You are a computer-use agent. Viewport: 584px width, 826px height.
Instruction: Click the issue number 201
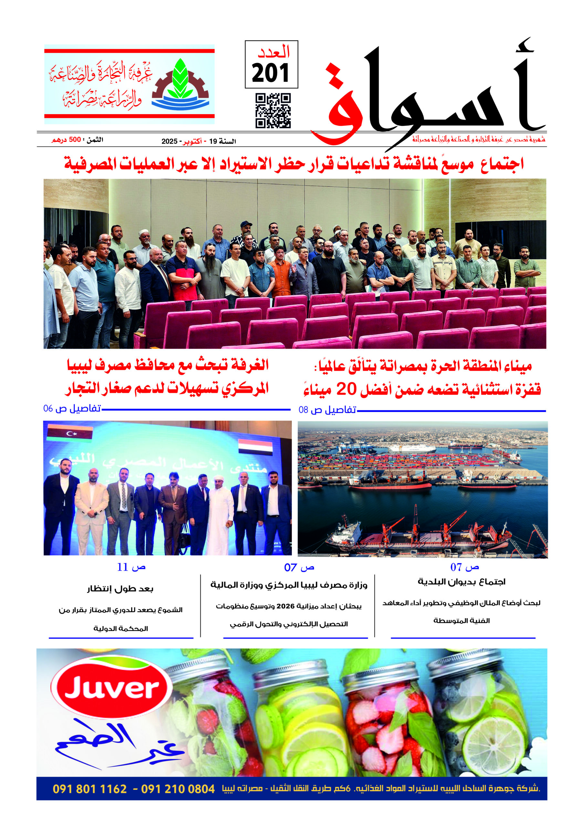[270, 73]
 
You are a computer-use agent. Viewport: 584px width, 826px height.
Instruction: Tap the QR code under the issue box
[273, 111]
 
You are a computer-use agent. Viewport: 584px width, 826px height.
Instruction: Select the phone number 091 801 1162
[90, 789]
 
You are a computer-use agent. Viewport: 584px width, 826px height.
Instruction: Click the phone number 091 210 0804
[178, 789]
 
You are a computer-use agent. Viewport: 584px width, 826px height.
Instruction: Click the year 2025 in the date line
[169, 141]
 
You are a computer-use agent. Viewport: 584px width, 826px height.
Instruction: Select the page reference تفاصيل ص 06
[72, 409]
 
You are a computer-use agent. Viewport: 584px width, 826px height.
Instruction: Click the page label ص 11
[131, 567]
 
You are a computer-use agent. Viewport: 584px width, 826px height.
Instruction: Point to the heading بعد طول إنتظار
[120, 589]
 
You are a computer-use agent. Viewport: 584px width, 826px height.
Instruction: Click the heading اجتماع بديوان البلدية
[461, 582]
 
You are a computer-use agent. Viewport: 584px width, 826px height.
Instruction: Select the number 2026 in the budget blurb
[286, 606]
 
